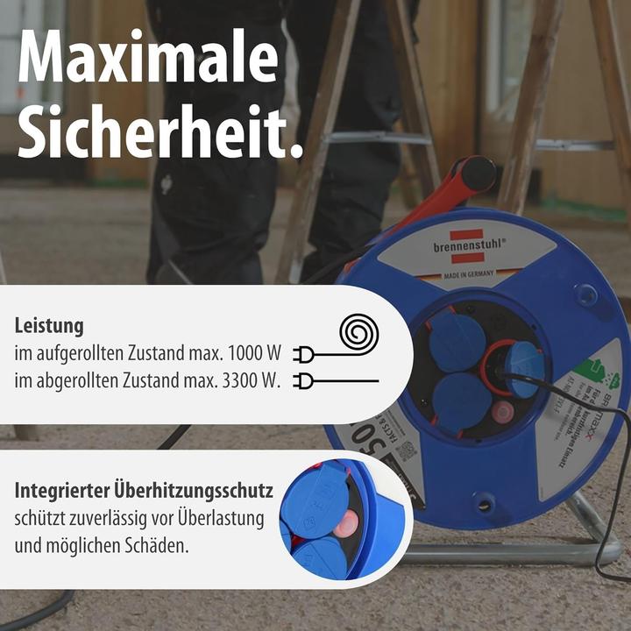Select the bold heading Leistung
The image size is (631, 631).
[x=49, y=326]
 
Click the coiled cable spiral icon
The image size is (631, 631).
[x=354, y=335]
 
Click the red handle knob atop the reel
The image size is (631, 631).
[x=478, y=174]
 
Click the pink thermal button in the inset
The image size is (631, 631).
[x=345, y=525]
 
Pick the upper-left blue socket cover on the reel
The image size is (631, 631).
[x=457, y=341]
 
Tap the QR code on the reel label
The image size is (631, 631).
[x=405, y=450]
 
